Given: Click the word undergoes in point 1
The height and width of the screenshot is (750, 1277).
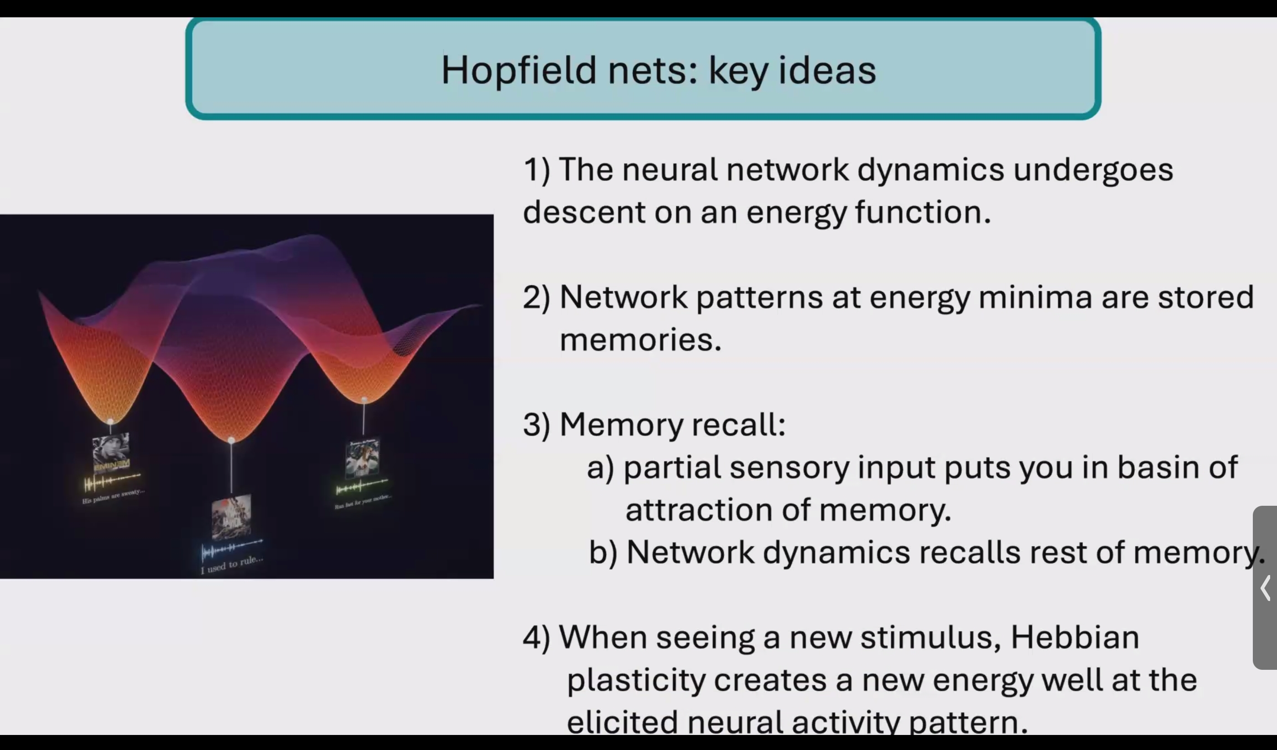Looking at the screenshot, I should point(1093,170).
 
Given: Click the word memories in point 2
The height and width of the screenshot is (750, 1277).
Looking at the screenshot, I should point(640,340).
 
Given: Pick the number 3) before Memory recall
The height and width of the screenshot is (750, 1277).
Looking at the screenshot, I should point(536,424).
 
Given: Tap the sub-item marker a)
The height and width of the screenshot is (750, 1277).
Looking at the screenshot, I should point(601,467).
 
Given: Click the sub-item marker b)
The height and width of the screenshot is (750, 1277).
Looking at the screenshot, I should point(603,552).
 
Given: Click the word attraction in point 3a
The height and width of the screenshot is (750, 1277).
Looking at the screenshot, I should point(699,509).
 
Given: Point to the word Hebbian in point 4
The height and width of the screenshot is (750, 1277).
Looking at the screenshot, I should point(1075,637).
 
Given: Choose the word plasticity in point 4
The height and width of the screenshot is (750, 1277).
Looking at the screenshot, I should point(635,680).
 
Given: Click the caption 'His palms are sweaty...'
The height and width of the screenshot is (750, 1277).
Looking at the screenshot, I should point(114,496).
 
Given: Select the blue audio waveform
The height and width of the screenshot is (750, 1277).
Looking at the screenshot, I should point(232,549).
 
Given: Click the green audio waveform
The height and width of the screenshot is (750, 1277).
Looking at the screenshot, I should point(361,487).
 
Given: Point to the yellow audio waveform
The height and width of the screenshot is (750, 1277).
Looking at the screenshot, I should point(112,481).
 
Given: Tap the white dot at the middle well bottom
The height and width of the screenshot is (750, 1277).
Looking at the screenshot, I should point(231,440).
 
